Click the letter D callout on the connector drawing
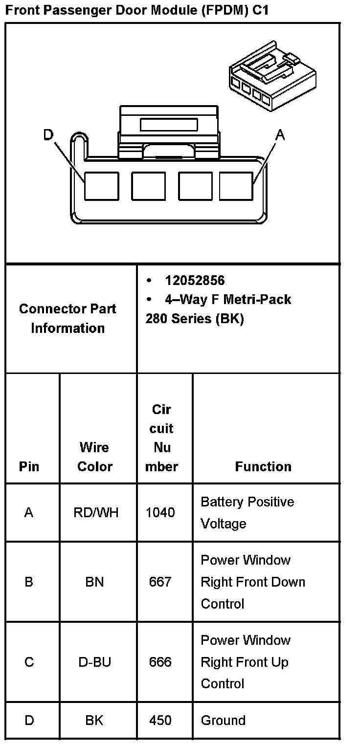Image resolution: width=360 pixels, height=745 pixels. pyautogui.click(x=48, y=134)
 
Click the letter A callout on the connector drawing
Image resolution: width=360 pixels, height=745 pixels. pyautogui.click(x=280, y=135)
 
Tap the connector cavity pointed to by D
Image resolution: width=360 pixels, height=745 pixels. pyautogui.click(x=101, y=186)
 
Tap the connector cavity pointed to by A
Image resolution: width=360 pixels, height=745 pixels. pyautogui.click(x=236, y=186)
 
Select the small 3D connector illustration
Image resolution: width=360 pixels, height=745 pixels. pyautogui.click(x=272, y=80)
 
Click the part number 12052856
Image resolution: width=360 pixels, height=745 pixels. pyautogui.click(x=195, y=280)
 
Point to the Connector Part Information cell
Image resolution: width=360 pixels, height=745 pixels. pyautogui.click(x=68, y=318)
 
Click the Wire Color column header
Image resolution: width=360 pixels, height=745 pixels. pyautogui.click(x=95, y=457)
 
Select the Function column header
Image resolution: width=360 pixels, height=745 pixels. pyautogui.click(x=263, y=466)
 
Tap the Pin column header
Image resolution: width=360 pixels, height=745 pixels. pyautogui.click(x=29, y=466)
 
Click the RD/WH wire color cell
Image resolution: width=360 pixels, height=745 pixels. pyautogui.click(x=95, y=513)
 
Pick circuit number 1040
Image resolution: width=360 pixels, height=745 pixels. pyautogui.click(x=160, y=513)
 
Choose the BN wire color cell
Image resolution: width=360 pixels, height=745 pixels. pyautogui.click(x=95, y=582)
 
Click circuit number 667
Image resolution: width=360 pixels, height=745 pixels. pyautogui.click(x=160, y=582)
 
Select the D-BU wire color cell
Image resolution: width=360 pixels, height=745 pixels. pyautogui.click(x=95, y=662)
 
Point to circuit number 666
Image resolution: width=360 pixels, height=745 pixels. pyautogui.click(x=160, y=662)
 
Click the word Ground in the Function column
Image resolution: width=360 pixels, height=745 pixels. pyautogui.click(x=223, y=721)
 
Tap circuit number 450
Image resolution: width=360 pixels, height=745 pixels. pyautogui.click(x=160, y=721)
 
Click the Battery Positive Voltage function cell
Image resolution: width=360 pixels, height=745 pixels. pyautogui.click(x=247, y=513)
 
